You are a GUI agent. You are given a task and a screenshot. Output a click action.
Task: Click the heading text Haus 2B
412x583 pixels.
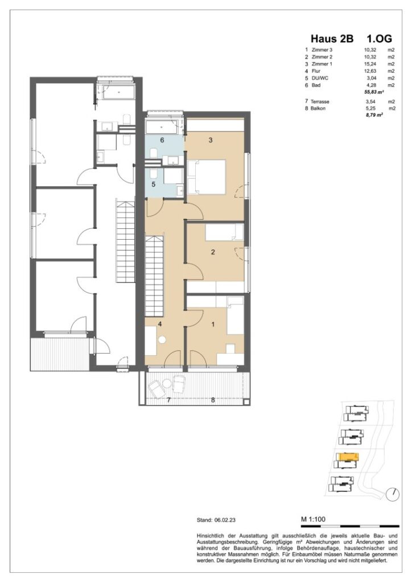[x=332, y=39]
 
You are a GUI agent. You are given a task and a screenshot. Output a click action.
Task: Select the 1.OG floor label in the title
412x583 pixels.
[x=379, y=39]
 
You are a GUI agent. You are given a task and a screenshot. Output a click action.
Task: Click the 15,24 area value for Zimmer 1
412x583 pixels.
[x=371, y=64]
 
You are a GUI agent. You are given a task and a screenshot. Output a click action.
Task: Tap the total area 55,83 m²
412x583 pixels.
[x=373, y=92]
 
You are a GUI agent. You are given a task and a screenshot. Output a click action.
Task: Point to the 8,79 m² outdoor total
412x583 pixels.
[x=373, y=114]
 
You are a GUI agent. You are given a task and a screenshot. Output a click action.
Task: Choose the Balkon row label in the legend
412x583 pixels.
[x=318, y=108]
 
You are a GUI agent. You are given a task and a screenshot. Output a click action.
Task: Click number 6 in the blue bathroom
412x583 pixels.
[x=162, y=139]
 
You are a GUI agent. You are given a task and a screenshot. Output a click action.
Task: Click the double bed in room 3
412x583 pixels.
[x=206, y=176]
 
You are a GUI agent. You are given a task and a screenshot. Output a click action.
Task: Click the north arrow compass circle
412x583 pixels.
[x=392, y=494]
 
